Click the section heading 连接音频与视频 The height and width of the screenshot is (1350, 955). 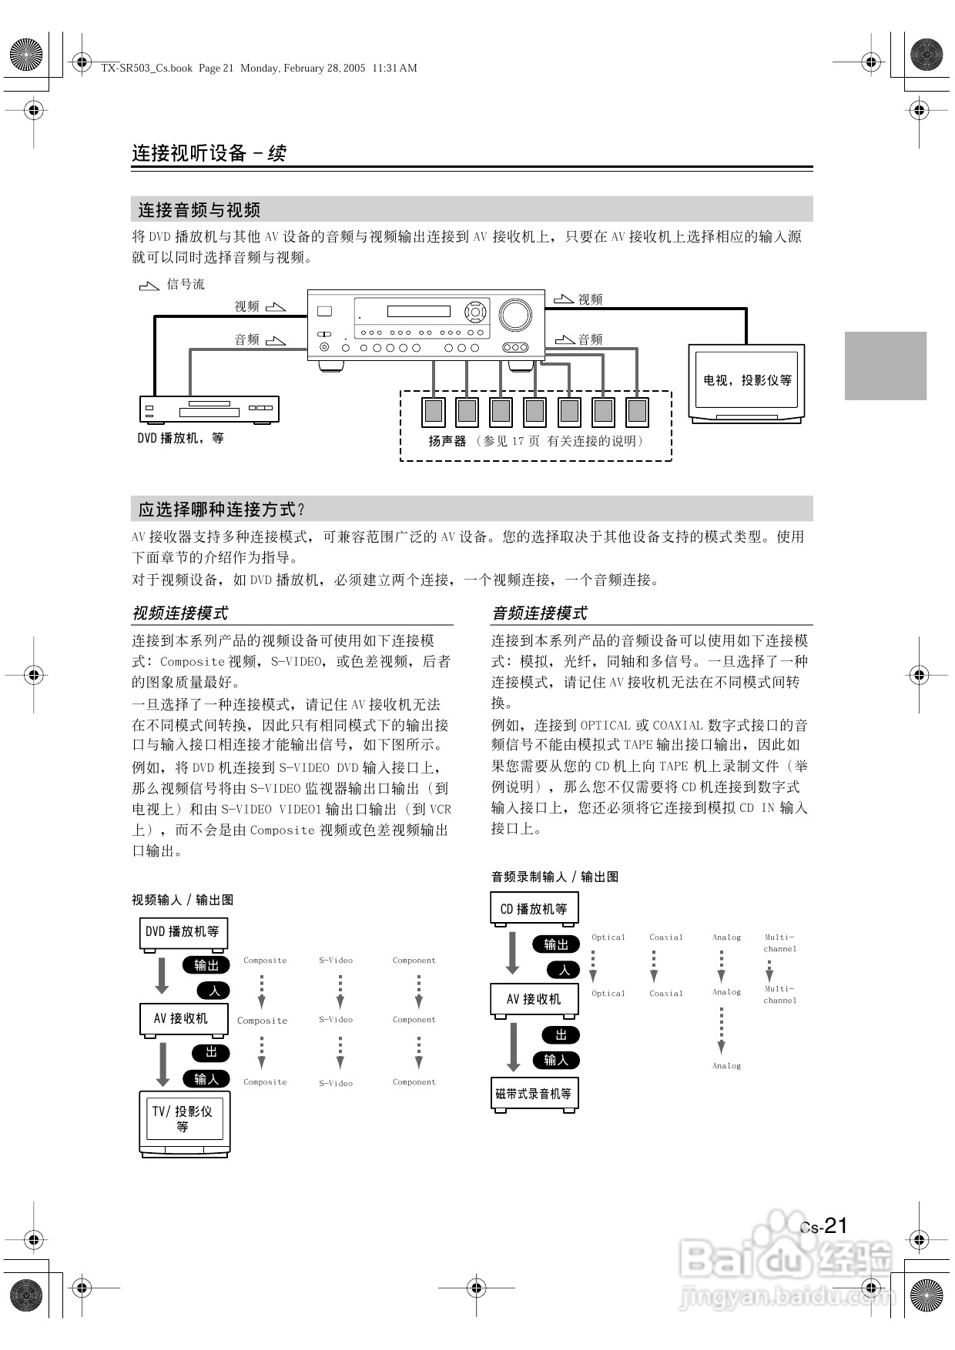[x=199, y=209]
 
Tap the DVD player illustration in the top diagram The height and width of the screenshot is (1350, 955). [x=209, y=409]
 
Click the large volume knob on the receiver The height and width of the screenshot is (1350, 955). [x=514, y=315]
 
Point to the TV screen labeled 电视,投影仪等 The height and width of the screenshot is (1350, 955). [x=746, y=380]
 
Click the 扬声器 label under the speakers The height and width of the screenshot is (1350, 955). [x=447, y=441]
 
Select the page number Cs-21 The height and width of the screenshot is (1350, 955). [x=823, y=1226]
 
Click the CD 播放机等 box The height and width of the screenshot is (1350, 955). [x=534, y=908]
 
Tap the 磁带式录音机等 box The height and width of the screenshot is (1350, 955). [x=534, y=1094]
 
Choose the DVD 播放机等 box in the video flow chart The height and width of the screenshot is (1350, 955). [x=183, y=931]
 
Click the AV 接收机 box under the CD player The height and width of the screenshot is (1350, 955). [x=534, y=999]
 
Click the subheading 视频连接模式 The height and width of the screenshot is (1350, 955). [x=180, y=613]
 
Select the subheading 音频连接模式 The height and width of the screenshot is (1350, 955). [x=539, y=613]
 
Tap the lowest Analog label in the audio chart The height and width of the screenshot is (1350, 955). [x=726, y=1066]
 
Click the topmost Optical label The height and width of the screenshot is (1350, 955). [x=608, y=937]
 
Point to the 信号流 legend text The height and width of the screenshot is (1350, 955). [x=186, y=284]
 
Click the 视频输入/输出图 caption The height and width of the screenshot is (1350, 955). [x=183, y=900]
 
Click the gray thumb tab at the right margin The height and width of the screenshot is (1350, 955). [x=885, y=366]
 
